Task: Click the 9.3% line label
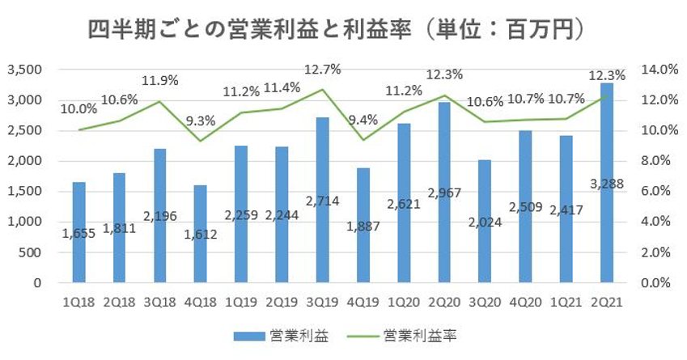coord(201,121)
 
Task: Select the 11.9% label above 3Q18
coord(159,82)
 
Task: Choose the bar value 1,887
coord(363,227)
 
